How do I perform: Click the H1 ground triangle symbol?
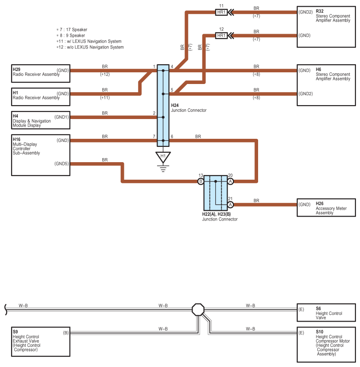coord(163,157)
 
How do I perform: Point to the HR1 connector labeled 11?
coord(221,12)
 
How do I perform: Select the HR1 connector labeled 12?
coord(221,35)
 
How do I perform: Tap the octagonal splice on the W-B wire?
coord(198,310)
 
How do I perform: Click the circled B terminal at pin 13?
coord(201,181)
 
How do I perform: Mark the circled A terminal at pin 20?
coord(230,181)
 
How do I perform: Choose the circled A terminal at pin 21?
coord(230,205)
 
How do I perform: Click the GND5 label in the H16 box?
coord(62,164)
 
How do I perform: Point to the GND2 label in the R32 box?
coord(306,12)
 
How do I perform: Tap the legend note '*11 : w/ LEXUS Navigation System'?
coord(89,41)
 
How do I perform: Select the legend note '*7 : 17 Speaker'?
coord(72,30)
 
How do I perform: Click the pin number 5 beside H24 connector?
coord(172,90)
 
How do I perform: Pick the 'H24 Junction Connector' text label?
coord(189,108)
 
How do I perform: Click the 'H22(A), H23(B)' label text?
coord(216,214)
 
